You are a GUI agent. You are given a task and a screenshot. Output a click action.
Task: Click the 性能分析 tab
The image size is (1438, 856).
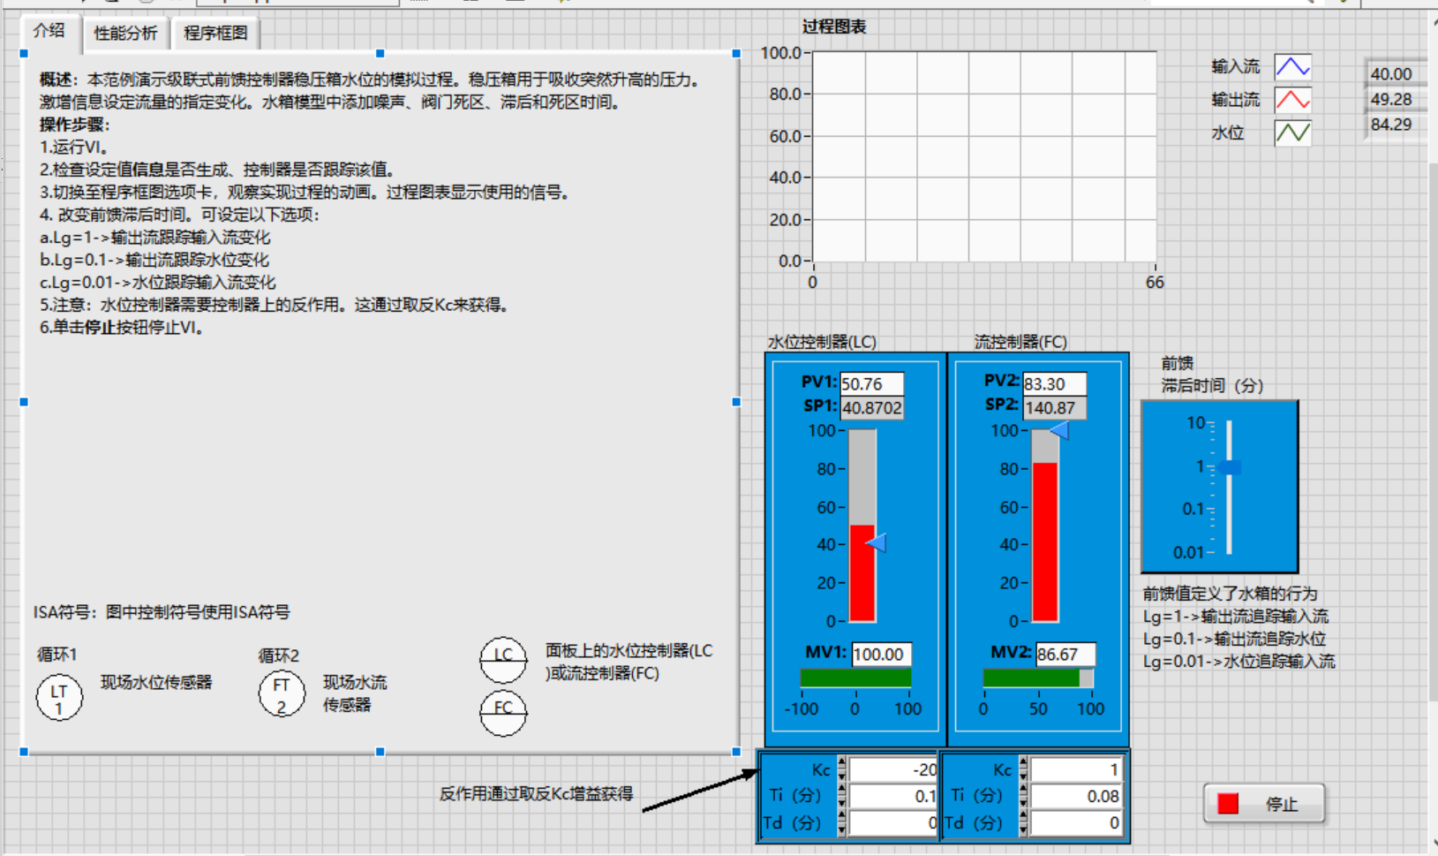(125, 34)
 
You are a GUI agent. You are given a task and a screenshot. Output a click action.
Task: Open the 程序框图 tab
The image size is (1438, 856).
(215, 34)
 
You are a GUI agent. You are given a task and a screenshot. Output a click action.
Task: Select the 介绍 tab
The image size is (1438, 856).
(49, 31)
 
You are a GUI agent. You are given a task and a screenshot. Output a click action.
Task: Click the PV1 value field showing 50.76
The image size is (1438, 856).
(871, 384)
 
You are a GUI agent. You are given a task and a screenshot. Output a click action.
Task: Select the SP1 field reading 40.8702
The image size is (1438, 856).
(871, 408)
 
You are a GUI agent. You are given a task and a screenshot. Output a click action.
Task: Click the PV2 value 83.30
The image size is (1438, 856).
(1054, 384)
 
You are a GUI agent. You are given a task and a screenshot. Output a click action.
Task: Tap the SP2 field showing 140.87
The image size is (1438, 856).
(1054, 408)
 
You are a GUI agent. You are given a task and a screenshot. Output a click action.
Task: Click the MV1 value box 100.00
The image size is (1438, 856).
(881, 655)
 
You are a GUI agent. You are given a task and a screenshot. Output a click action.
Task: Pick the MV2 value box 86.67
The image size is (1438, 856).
(1065, 655)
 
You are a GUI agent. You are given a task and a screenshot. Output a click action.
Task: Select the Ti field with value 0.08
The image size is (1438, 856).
(1076, 797)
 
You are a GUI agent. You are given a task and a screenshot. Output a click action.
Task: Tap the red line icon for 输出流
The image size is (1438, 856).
(1292, 100)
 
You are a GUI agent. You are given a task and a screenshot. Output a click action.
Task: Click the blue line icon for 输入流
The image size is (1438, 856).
(1292, 67)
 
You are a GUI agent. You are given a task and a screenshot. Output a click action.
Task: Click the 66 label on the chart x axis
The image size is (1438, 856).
(1155, 283)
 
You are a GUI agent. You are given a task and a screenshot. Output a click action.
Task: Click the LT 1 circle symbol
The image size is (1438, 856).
(59, 698)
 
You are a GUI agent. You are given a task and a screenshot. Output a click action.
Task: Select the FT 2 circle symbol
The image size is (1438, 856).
(282, 694)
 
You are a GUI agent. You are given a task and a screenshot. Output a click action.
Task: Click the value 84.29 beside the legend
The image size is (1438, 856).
(1391, 125)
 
